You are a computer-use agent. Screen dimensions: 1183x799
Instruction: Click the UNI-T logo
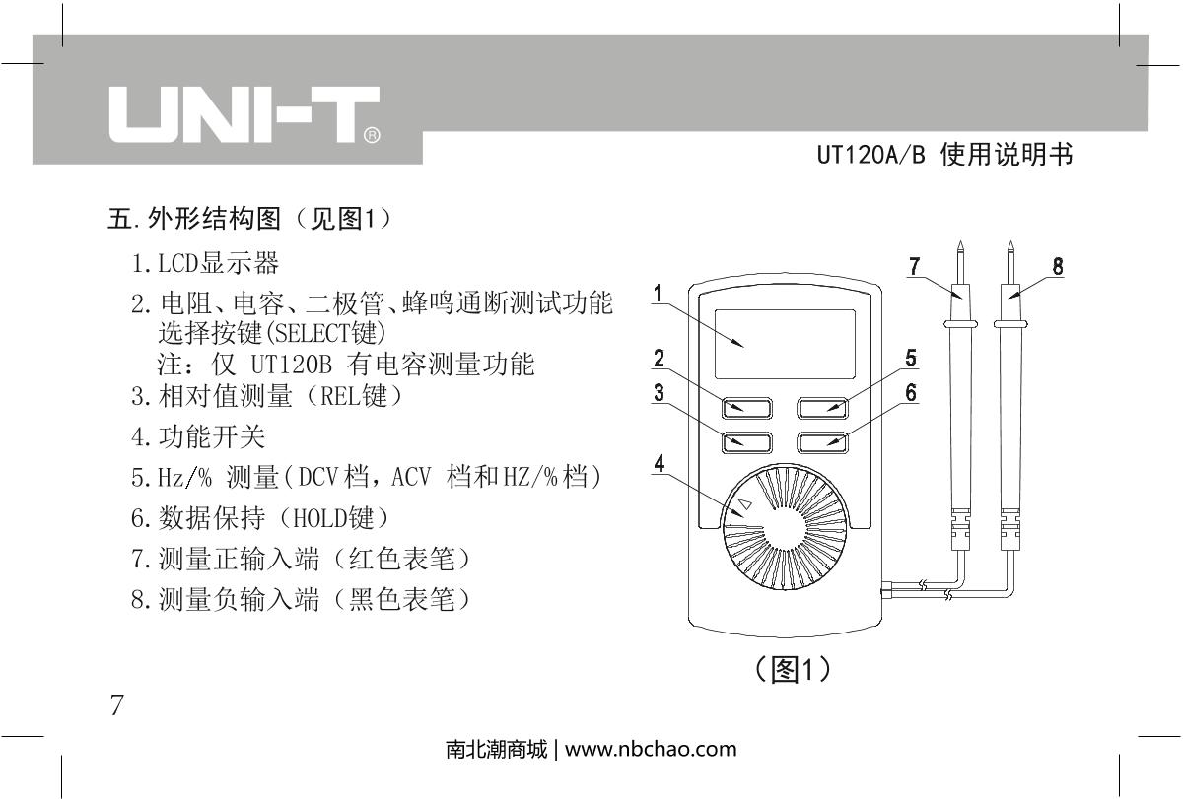pos(244,114)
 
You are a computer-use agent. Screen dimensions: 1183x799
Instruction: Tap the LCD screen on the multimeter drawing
pos(785,344)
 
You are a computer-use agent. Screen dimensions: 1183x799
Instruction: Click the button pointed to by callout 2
pos(747,408)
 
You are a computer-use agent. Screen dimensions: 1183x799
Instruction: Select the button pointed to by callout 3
pos(747,442)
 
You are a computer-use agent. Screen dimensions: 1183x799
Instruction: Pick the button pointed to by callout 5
pos(822,408)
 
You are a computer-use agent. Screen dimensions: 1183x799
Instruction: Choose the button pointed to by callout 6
pos(822,442)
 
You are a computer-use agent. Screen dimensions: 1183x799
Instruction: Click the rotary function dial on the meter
pos(786,527)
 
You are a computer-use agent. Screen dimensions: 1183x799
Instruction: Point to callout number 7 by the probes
pos(914,267)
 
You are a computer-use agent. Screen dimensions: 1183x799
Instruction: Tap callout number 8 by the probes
pos(1057,267)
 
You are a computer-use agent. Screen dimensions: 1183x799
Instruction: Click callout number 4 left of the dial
pos(660,463)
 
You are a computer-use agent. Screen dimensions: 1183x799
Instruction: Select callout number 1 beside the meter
pos(658,294)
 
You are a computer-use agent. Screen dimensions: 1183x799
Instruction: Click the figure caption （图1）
pos(793,670)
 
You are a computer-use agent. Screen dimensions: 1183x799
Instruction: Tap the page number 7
pos(116,704)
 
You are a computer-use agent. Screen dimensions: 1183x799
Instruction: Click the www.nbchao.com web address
pos(651,749)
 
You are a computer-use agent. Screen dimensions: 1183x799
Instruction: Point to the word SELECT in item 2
pos(313,333)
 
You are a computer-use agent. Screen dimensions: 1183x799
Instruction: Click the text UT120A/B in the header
pos(871,155)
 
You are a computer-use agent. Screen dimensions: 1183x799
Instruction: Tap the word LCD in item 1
pos(177,263)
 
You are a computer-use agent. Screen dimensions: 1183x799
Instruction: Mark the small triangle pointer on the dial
pos(744,504)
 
